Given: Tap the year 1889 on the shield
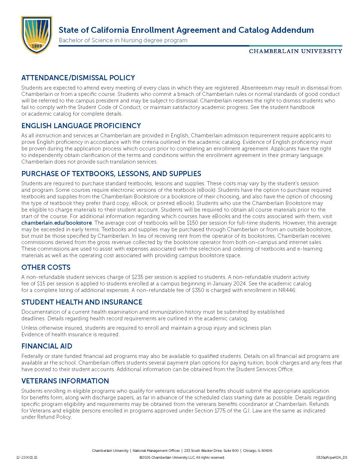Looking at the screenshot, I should (x=37, y=46).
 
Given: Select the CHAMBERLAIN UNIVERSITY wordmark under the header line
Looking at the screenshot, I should (x=295, y=51).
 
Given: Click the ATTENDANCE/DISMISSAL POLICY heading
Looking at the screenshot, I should (x=78, y=78).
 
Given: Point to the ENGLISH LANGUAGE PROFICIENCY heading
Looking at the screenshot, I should (x=81, y=126).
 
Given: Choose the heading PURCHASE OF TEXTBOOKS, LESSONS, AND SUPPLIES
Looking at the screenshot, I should (x=111, y=174).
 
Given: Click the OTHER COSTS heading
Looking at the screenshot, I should (x=46, y=267).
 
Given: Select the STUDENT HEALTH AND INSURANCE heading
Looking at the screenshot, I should (x=82, y=302).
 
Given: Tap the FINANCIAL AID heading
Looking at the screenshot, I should (x=47, y=346).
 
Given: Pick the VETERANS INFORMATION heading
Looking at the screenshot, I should (x=65, y=381).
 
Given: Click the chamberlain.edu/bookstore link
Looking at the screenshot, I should (x=57, y=223).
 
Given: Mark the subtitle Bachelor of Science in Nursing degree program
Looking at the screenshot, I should (x=123, y=40).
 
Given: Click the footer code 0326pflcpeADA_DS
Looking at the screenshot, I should (x=332, y=457).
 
